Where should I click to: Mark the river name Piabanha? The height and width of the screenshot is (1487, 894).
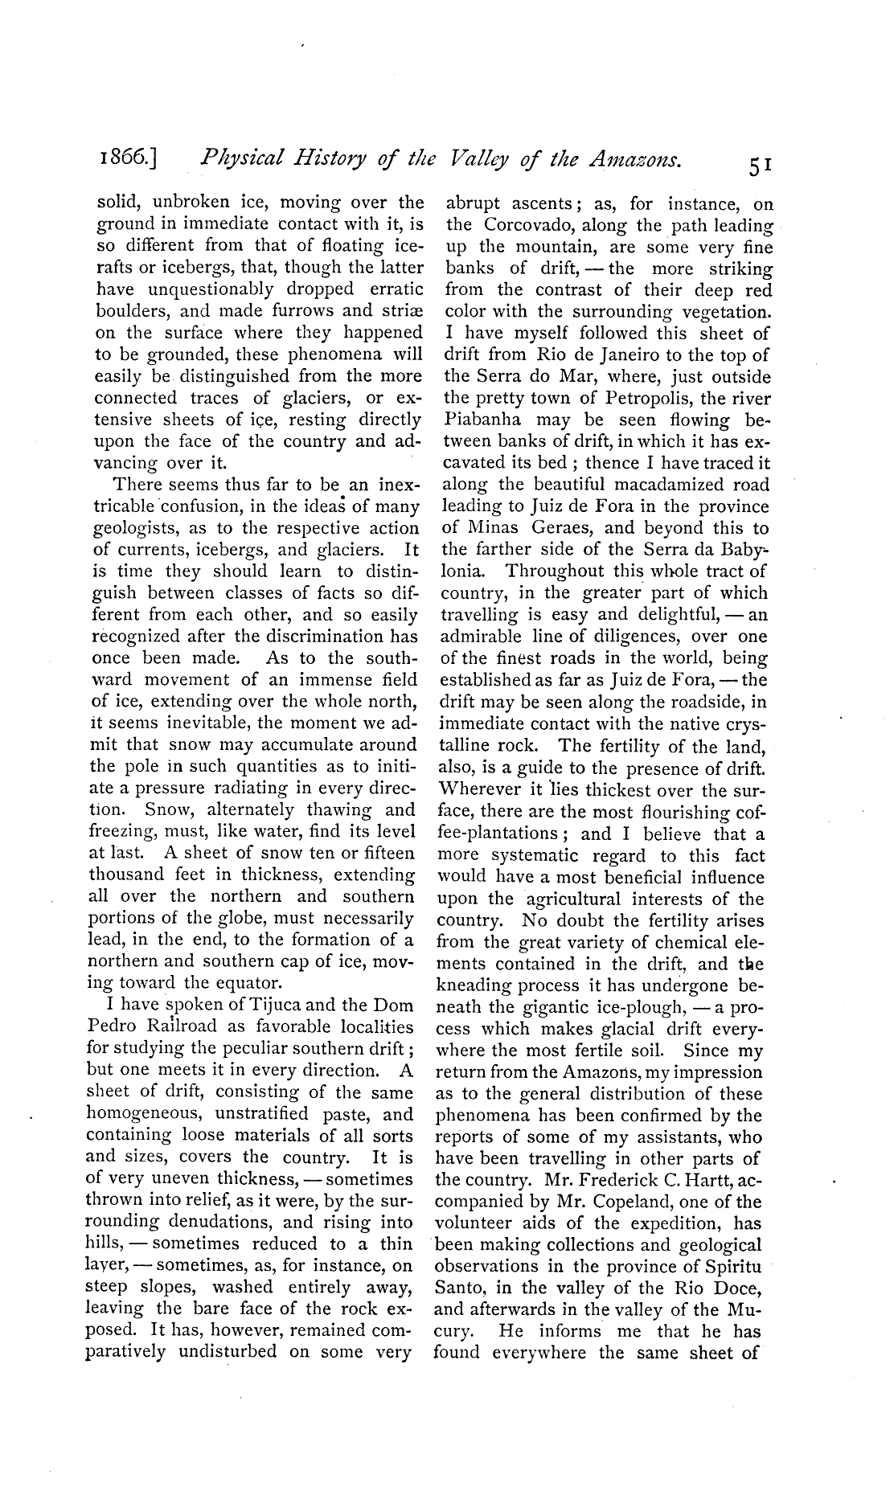pos(483,420)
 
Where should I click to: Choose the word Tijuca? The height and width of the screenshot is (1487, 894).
pos(273,1006)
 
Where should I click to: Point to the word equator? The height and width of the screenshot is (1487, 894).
pos(244,983)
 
